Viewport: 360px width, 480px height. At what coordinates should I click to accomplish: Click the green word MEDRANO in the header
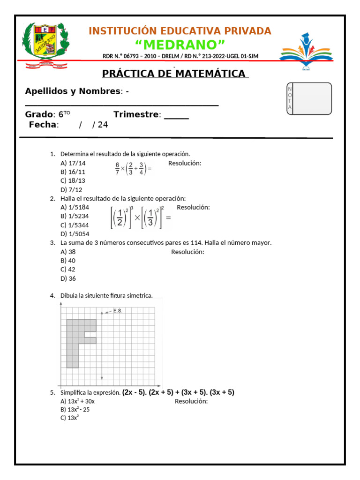click(180, 45)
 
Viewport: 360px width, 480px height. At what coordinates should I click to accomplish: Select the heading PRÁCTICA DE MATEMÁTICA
click(174, 74)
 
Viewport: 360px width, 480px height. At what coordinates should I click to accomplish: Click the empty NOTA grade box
click(312, 98)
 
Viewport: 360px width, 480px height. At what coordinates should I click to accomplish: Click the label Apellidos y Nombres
click(73, 91)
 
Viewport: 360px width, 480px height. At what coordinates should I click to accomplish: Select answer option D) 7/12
click(71, 190)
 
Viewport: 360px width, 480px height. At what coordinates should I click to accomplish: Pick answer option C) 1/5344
click(75, 225)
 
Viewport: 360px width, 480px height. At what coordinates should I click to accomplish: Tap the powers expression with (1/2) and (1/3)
click(140, 217)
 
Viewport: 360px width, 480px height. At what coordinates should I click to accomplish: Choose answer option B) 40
click(68, 261)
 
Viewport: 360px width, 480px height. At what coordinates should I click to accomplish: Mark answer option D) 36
click(68, 278)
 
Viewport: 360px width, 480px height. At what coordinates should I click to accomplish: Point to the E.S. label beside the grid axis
click(118, 311)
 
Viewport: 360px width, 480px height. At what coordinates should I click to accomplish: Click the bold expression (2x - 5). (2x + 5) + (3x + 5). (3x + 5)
click(178, 392)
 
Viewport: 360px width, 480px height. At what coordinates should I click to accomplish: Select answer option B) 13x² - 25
click(75, 409)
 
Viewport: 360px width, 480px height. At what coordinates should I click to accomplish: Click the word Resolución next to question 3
click(187, 252)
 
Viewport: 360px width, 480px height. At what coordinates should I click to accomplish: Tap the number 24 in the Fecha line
click(103, 125)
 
